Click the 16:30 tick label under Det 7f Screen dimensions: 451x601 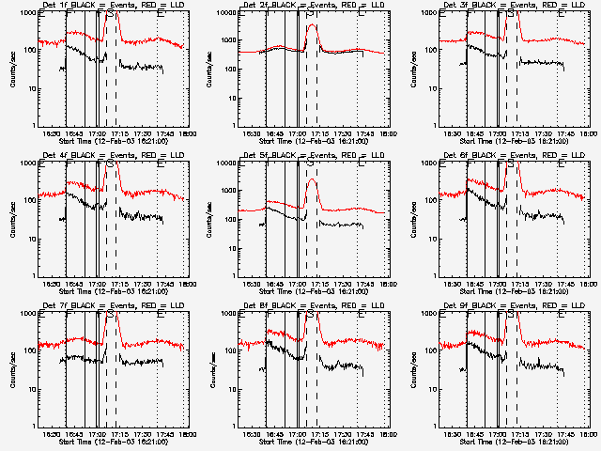(x=53, y=433)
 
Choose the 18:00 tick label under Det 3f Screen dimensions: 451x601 (x=588, y=132)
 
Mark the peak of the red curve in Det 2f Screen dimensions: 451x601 (x=313, y=25)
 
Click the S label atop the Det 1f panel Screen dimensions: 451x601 (x=113, y=14)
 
